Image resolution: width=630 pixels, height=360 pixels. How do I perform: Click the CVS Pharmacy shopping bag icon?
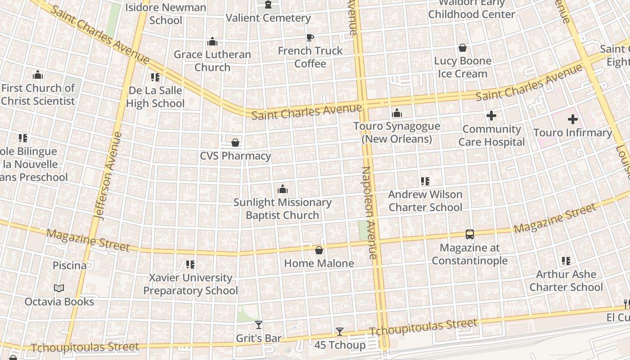[x=235, y=143]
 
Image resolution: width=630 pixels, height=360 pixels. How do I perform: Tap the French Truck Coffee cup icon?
[x=310, y=37]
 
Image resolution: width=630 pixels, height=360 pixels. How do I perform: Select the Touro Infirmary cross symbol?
[x=572, y=119]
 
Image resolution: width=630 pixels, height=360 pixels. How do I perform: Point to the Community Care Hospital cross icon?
[x=491, y=116]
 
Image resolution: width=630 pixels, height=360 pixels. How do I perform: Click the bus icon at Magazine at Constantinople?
[x=469, y=234]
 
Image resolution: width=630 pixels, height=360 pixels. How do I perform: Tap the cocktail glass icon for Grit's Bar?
[x=259, y=324]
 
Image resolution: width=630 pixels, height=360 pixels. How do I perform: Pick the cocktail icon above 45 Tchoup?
[x=340, y=332]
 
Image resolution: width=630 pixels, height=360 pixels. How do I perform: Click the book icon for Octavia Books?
[x=59, y=288]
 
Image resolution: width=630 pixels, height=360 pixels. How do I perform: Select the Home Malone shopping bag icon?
[x=319, y=250]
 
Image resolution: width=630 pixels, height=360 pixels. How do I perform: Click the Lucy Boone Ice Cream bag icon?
[x=462, y=48]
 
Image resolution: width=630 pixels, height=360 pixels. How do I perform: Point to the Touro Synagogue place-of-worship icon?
[x=396, y=113]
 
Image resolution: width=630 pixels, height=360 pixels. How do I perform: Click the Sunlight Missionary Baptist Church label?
[x=283, y=209]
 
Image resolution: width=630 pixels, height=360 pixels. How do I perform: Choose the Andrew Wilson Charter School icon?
[x=425, y=181]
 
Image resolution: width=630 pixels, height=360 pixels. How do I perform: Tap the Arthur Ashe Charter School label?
[x=566, y=280]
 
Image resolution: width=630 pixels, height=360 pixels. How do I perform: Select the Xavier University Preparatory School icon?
[x=190, y=265]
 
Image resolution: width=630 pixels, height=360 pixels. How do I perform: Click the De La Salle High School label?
[x=155, y=97]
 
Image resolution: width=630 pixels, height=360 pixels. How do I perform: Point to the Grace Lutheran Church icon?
[x=212, y=42]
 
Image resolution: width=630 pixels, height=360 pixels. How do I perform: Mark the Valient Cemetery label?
[x=268, y=18]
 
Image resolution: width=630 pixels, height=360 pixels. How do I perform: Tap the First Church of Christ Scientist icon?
[x=38, y=75]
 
